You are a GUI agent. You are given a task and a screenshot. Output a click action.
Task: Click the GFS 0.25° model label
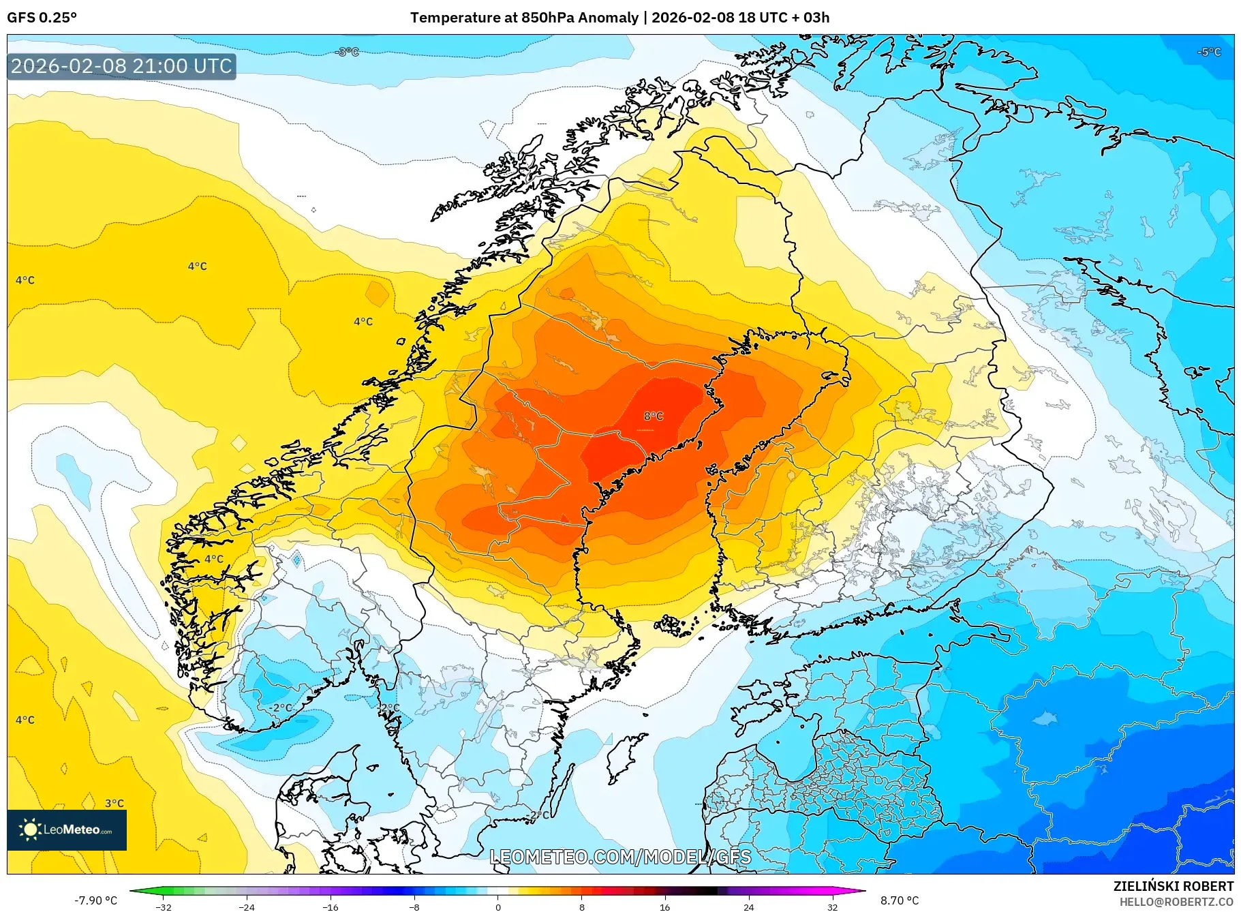pyautogui.click(x=42, y=18)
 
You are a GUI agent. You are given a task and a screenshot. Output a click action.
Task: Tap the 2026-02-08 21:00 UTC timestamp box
pyautogui.click(x=121, y=66)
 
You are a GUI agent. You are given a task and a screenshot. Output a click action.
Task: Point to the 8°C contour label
pyautogui.click(x=653, y=416)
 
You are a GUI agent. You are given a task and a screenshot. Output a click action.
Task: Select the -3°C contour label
pyautogui.click(x=348, y=52)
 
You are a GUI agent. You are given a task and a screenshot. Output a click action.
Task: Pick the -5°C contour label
pyautogui.click(x=1210, y=52)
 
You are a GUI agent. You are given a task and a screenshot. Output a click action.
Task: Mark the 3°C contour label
pyautogui.click(x=114, y=803)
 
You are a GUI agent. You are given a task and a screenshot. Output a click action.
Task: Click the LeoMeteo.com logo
pyautogui.click(x=67, y=830)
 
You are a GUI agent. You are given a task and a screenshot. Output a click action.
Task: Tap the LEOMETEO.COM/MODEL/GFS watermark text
pyautogui.click(x=620, y=857)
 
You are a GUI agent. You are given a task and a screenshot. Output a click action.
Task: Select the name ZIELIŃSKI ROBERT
pyautogui.click(x=1173, y=886)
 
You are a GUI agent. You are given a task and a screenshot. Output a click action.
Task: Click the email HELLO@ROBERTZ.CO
pyautogui.click(x=1176, y=902)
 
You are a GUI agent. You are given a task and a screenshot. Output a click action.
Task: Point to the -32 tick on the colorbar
pyautogui.click(x=164, y=907)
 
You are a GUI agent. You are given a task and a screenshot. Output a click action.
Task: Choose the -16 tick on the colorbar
pyautogui.click(x=331, y=907)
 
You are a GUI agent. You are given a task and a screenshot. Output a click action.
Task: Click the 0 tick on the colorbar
pyautogui.click(x=498, y=907)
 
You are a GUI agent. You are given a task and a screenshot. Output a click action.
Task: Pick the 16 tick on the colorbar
pyautogui.click(x=665, y=907)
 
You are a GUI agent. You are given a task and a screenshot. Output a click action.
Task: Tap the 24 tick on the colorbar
pyautogui.click(x=748, y=907)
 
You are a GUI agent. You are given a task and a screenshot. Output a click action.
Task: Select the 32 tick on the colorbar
pyautogui.click(x=832, y=907)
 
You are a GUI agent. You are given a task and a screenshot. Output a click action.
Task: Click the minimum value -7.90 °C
pyautogui.click(x=96, y=900)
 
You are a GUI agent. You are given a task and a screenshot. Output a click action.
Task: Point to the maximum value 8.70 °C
pyautogui.click(x=900, y=900)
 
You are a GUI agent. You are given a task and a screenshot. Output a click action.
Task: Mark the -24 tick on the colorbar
pyautogui.click(x=247, y=907)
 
